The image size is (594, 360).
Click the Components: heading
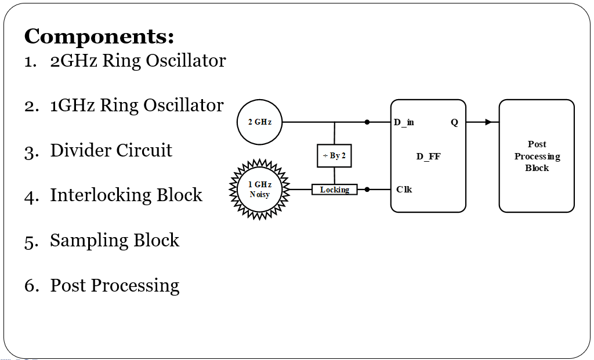pos(99,37)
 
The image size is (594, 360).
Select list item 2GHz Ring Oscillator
pos(137,61)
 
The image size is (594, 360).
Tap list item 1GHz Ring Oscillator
pos(136,106)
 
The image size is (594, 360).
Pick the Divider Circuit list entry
pos(111,151)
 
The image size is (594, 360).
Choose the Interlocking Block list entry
pos(126,195)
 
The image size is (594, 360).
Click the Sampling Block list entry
pos(114,241)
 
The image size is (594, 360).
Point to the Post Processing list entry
pos(114,286)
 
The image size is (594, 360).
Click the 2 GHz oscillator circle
pos(259,122)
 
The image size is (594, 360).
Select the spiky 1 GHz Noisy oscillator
pos(260,190)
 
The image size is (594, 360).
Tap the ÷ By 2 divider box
pos(334,156)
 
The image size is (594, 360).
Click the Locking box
pos(334,190)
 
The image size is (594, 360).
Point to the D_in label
pos(404,122)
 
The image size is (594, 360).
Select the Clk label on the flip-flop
pos(404,190)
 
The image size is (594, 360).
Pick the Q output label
pos(454,122)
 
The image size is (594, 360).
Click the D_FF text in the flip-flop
pos(428,157)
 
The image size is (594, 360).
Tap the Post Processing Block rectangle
pos(537,156)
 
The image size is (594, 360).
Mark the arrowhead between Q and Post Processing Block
pos(488,122)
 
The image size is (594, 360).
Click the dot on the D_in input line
pos(367,122)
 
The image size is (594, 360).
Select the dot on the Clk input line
pos(367,190)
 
